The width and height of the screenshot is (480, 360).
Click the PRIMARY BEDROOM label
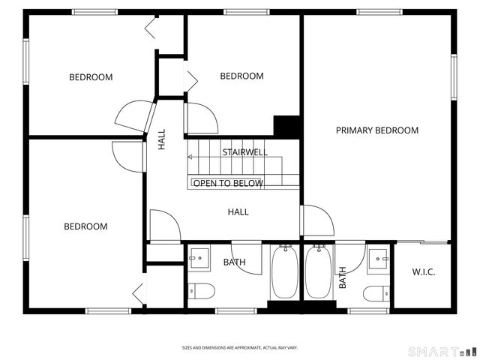click(x=376, y=130)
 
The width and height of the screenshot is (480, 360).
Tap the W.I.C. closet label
click(x=424, y=271)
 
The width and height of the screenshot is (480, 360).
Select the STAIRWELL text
click(x=244, y=152)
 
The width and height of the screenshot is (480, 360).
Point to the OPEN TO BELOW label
click(x=229, y=184)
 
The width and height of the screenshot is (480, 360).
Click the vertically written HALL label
click(x=162, y=140)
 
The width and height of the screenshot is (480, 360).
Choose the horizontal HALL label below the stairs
click(x=238, y=212)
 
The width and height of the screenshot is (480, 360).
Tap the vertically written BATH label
click(x=343, y=278)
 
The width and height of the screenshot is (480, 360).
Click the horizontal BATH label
click(x=234, y=262)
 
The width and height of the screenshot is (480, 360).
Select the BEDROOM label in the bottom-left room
click(x=85, y=226)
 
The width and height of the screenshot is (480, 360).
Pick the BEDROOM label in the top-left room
click(x=91, y=77)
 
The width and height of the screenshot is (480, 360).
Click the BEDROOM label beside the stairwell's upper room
click(x=241, y=76)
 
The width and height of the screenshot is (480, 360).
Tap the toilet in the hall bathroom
click(x=202, y=291)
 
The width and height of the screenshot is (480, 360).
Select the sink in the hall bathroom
click(x=200, y=259)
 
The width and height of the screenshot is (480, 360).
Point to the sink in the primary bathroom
click(x=379, y=259)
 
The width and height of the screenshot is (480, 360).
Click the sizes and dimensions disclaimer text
click(x=240, y=348)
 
